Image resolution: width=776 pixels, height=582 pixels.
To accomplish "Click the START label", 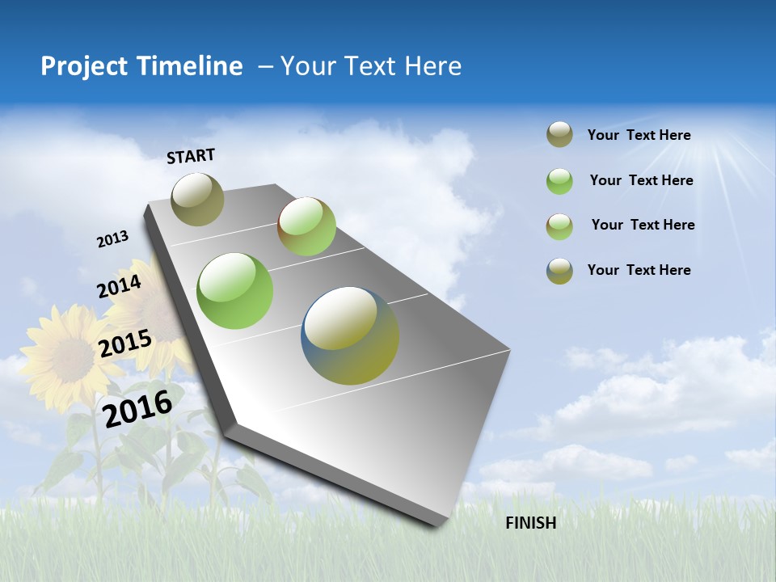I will point(191,156).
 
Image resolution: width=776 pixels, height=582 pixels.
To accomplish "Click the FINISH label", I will point(530,523).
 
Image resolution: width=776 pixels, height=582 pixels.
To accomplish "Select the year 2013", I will point(112,239).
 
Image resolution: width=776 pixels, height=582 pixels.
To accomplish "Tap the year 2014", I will point(120,286).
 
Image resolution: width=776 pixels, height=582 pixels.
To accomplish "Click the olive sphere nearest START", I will point(197,199).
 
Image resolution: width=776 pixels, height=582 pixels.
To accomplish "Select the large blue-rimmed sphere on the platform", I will point(350,335).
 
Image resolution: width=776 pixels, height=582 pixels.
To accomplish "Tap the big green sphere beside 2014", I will point(234,291).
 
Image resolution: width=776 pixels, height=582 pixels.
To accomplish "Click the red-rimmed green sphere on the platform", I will point(306,226).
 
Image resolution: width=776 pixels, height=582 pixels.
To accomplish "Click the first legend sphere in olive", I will point(559,135).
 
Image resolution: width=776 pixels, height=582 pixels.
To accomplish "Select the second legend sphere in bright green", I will point(559,181).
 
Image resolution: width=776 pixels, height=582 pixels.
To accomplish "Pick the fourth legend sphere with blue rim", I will point(559,271).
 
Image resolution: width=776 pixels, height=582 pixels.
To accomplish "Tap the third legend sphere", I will point(559,226).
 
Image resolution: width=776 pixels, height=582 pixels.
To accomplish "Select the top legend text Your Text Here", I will point(639,135).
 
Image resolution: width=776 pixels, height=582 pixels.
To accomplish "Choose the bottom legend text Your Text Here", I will point(639,270).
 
